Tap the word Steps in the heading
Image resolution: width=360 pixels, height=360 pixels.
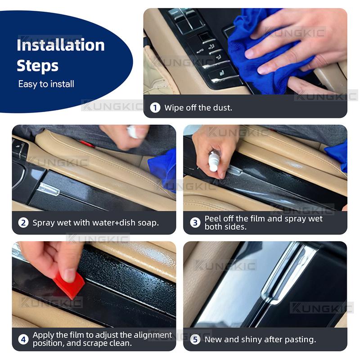pos(37,66)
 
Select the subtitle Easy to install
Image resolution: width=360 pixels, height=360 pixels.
pos(46,84)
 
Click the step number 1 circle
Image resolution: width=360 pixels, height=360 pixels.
pos(155,108)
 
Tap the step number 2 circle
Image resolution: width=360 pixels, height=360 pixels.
pos(23,223)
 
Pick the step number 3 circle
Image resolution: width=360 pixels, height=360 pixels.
pos(195,222)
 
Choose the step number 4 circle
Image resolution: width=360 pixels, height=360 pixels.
pos(23,339)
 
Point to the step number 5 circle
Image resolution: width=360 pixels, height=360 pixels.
pos(195,339)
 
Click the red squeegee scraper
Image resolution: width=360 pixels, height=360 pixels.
pos(70,285)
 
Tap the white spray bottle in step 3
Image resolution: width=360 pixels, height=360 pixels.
pos(213,162)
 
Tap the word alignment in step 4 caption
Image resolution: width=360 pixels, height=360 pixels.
pos(153,335)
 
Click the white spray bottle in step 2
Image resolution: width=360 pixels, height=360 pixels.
pos(134,131)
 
